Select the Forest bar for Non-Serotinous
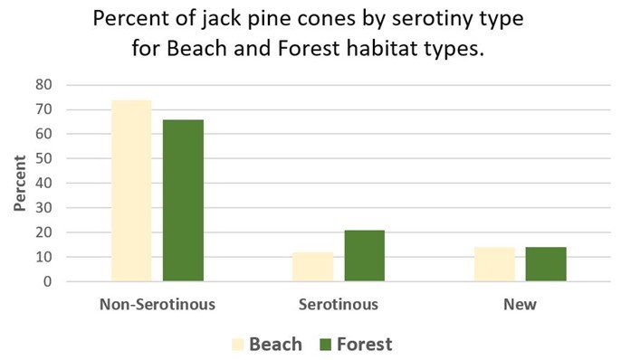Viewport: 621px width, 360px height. [183, 200]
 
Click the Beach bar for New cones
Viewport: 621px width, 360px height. [494, 264]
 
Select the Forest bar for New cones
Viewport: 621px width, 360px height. [546, 264]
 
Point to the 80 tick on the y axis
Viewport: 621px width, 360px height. [46, 85]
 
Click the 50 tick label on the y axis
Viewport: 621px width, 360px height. [46, 159]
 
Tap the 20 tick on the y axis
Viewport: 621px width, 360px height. [46, 232]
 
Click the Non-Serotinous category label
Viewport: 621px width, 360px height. [157, 304]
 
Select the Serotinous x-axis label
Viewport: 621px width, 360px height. [339, 304]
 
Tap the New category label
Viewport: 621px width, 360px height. [520, 304]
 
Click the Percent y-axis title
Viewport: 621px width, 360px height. [19, 184]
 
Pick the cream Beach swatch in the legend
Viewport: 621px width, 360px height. [238, 344]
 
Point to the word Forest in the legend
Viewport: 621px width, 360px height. [365, 344]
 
